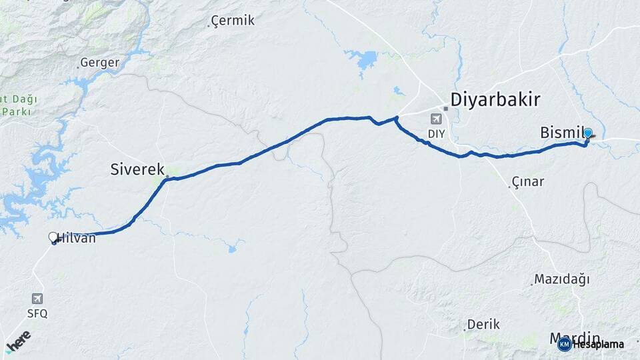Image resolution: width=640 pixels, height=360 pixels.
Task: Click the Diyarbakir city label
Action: click(x=495, y=100)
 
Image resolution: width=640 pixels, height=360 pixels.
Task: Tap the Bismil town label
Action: click(x=562, y=134)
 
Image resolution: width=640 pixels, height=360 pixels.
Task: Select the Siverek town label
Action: click(x=137, y=170)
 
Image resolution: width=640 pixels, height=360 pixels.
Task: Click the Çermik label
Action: click(x=233, y=21)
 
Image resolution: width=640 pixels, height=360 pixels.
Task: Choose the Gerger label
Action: click(x=99, y=63)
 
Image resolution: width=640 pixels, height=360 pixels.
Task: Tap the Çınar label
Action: click(x=527, y=182)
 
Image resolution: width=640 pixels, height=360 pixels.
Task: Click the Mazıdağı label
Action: click(x=563, y=279)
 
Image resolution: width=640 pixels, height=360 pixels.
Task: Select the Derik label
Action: click(x=483, y=325)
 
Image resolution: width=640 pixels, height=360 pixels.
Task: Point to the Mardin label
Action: click(x=575, y=337)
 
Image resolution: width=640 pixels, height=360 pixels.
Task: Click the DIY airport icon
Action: click(x=436, y=119)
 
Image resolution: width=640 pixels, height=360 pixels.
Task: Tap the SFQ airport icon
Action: click(x=37, y=299)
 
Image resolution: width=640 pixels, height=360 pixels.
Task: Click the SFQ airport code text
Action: click(x=37, y=313)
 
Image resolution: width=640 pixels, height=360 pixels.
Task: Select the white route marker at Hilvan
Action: click(x=53, y=237)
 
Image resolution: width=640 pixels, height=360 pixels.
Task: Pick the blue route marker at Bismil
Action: click(x=587, y=133)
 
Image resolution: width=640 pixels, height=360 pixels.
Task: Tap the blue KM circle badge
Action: click(x=564, y=344)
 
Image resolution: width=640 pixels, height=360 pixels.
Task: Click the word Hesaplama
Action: click(x=598, y=345)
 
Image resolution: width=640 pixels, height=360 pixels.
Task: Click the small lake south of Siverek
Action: click(x=231, y=249)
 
